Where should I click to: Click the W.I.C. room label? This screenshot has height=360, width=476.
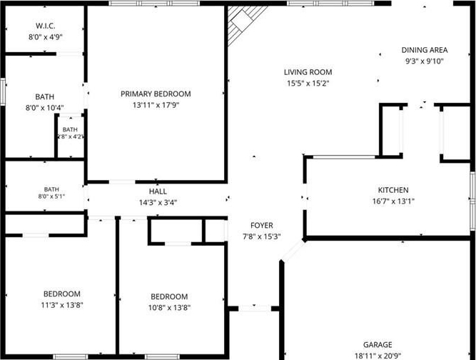coord(45,26)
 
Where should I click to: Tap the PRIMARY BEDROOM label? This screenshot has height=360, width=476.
coord(156,94)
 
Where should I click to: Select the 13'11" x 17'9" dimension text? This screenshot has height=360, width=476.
coord(156,105)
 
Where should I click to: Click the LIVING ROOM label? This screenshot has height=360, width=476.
coord(308,72)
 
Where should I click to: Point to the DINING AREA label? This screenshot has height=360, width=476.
coord(425,50)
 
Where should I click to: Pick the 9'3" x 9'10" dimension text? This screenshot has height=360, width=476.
coord(425,61)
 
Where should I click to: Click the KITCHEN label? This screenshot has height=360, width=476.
coord(393,190)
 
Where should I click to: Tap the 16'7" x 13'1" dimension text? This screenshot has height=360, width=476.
coord(393,201)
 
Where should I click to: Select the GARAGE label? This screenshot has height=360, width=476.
coord(378,344)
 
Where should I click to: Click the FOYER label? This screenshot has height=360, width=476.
coord(262,225)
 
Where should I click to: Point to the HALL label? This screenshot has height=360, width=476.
coord(158,191)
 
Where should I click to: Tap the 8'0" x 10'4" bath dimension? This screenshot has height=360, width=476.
coord(45,108)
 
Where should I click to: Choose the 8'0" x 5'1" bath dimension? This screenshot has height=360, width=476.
coord(51,196)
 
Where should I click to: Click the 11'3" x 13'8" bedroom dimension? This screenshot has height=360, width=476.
coord(62,305)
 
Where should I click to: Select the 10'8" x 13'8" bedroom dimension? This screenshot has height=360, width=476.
coord(169,307)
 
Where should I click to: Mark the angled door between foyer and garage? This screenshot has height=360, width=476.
coord(293,251)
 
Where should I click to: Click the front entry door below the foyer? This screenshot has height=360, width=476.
coord(255,309)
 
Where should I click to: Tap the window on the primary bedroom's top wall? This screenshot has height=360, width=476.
coord(155,4)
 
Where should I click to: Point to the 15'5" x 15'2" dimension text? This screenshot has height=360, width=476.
coord(308,84)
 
